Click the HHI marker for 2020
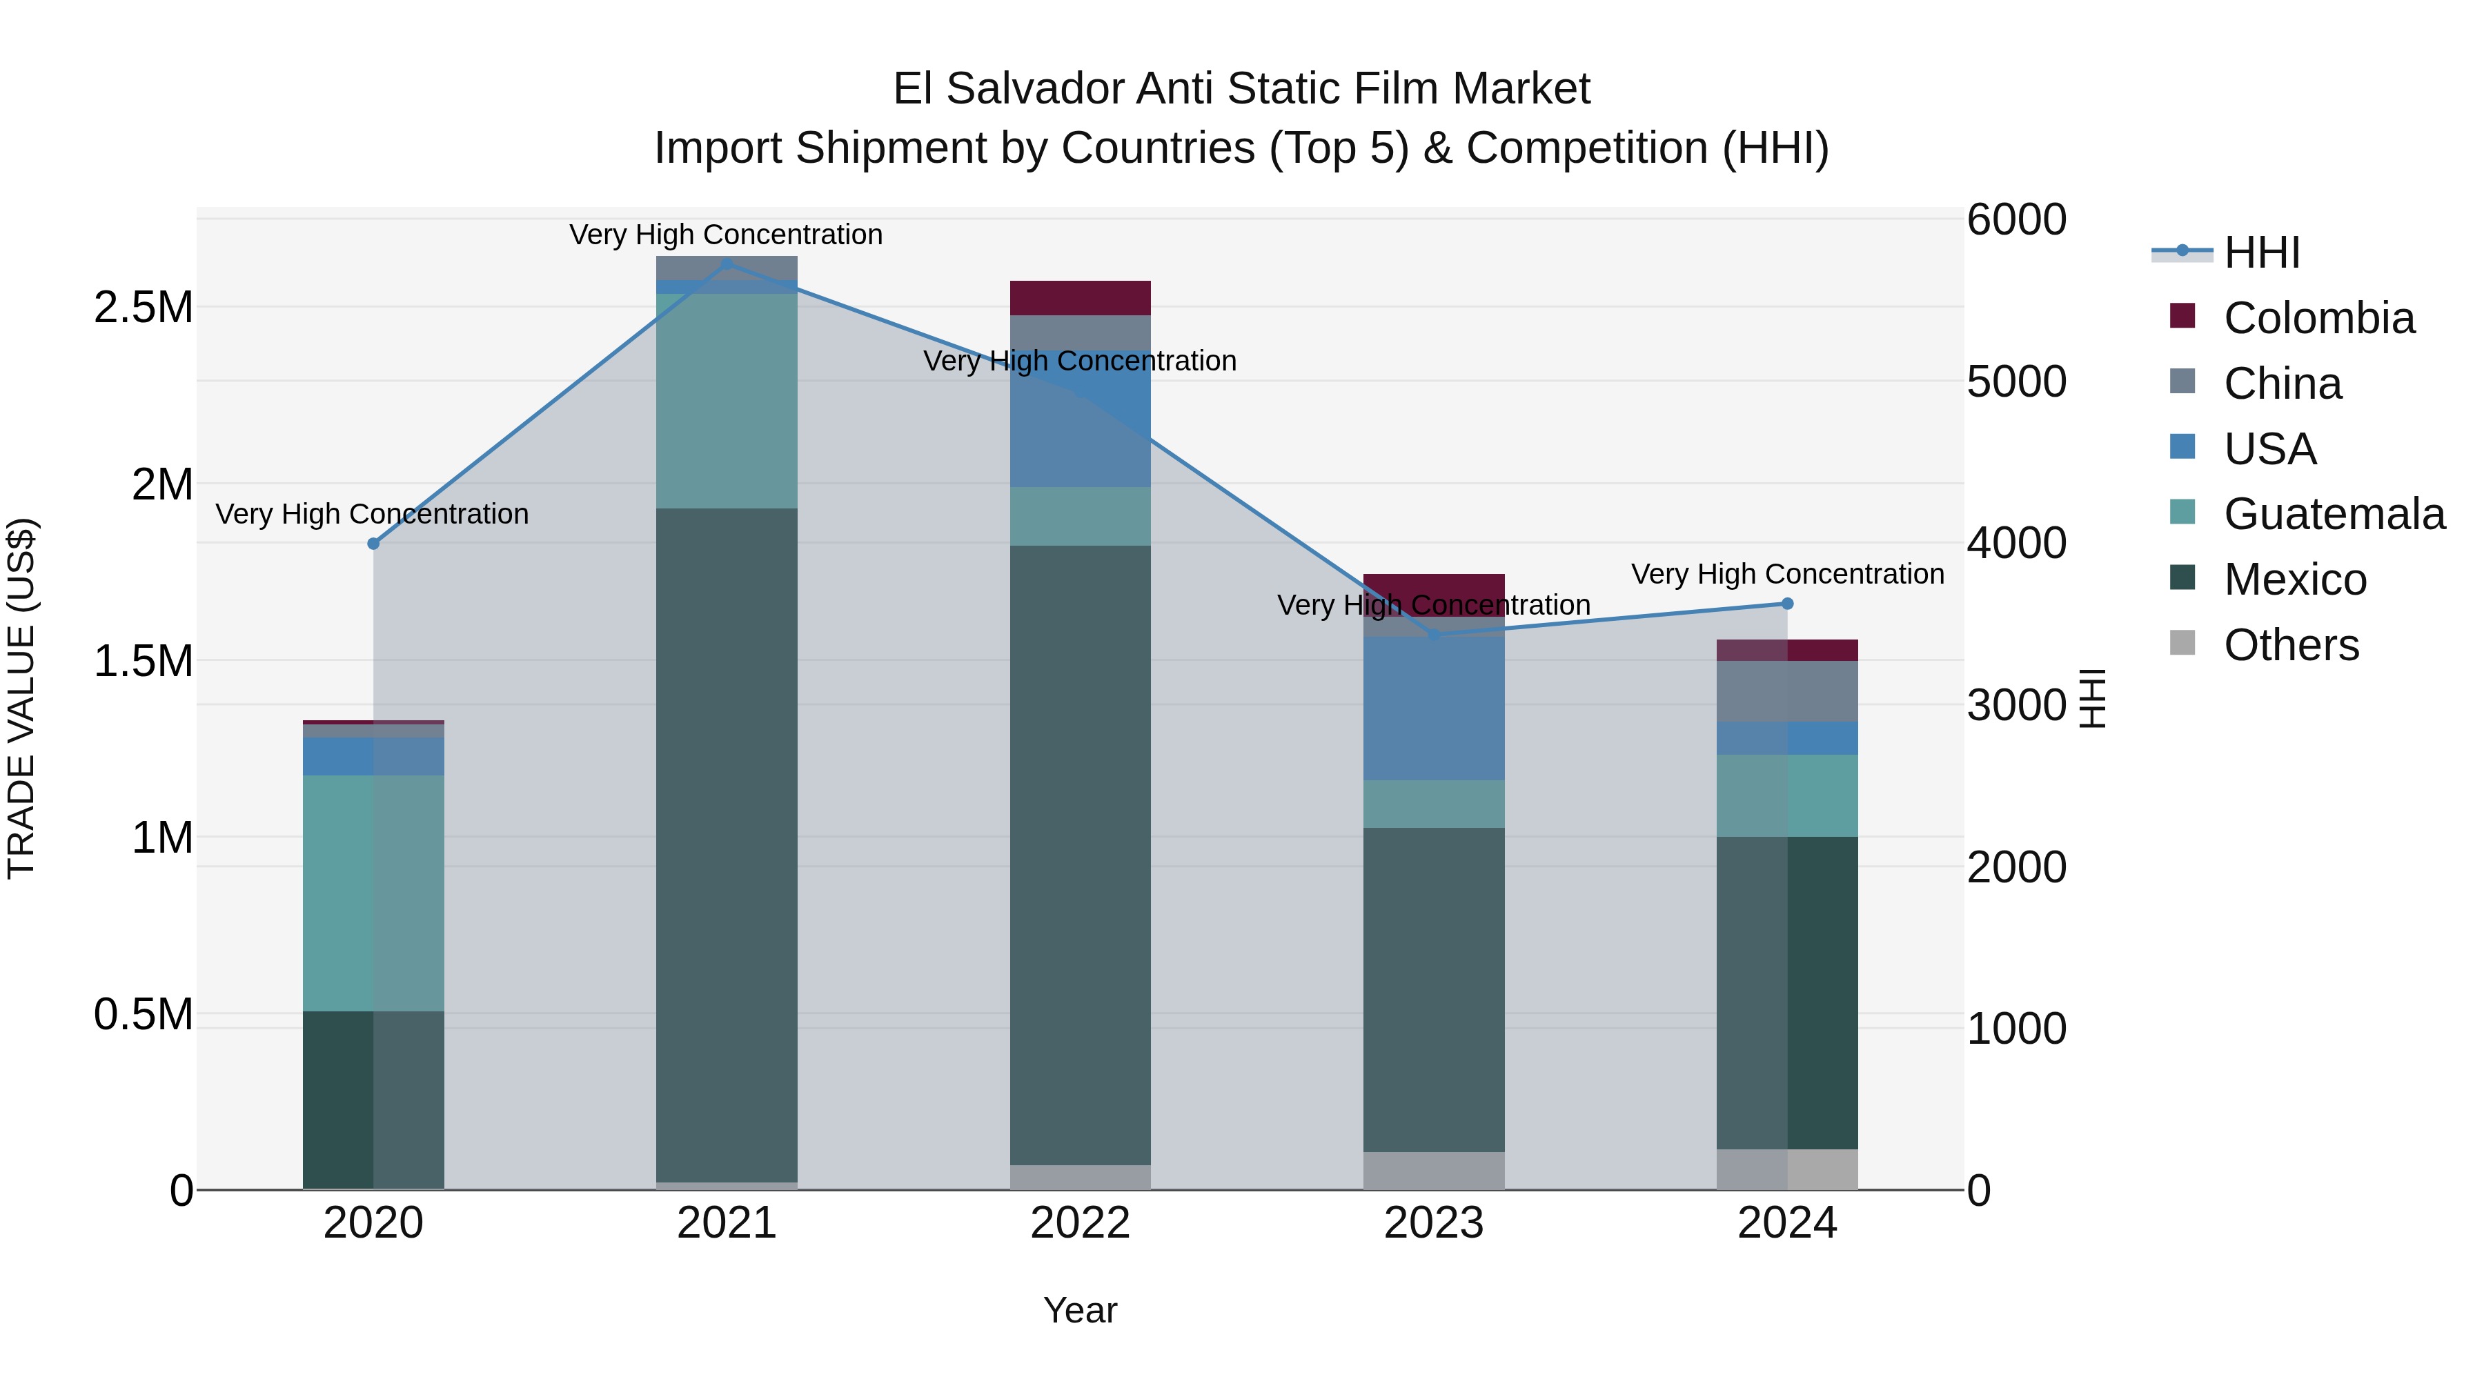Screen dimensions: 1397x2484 coord(374,544)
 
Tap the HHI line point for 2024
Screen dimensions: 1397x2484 coord(1787,604)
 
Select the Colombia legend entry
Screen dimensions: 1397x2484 coord(2318,318)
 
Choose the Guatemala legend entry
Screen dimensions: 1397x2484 coord(2334,514)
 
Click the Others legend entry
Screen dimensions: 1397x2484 coord(2291,645)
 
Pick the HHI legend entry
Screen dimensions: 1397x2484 coord(2261,252)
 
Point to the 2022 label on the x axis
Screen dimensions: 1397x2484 coord(1080,1223)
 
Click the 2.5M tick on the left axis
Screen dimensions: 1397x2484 coord(144,308)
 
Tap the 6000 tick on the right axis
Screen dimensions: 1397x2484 coord(2016,220)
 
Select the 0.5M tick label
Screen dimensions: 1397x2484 coord(144,1014)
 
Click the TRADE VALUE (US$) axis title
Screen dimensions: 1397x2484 coord(21,698)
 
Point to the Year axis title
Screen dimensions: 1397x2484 coord(1080,1310)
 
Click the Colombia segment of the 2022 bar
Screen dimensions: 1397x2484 coord(1080,298)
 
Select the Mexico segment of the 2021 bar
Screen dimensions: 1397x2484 coord(727,844)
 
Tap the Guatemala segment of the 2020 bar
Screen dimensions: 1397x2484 coord(374,893)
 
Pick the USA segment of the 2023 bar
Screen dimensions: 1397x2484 coord(1434,709)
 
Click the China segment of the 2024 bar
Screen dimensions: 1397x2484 coord(1787,691)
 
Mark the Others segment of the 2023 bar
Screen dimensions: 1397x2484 coord(1434,1171)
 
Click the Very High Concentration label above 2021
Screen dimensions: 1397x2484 coord(726,235)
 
